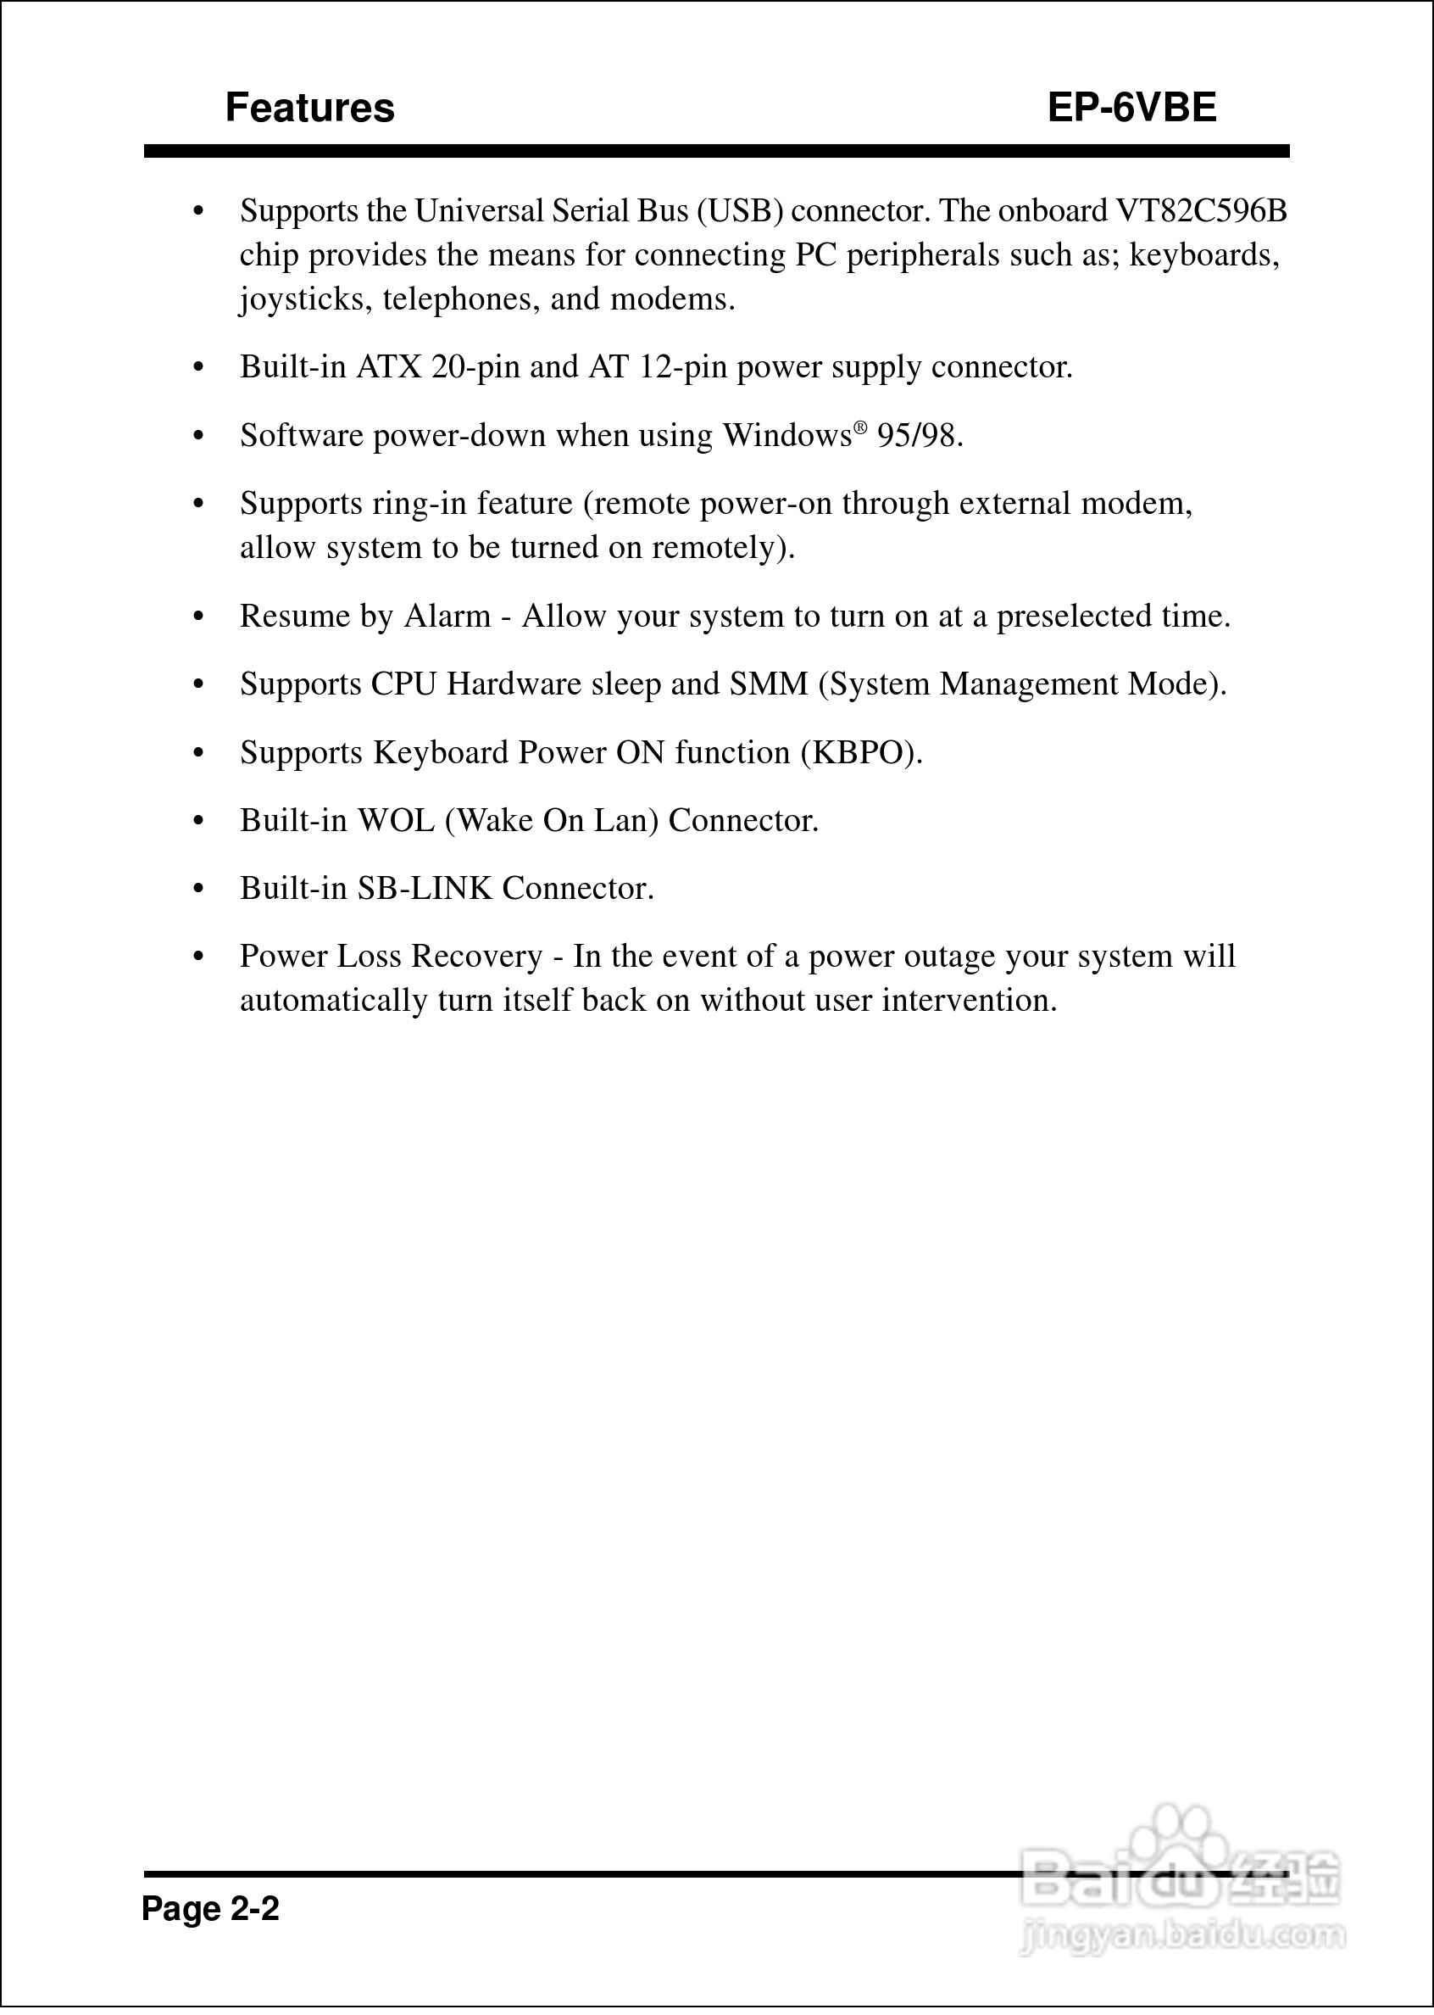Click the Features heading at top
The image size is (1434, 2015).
point(309,108)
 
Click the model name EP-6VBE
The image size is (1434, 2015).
point(1131,108)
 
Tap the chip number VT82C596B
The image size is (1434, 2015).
point(1202,211)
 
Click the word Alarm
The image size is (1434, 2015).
point(447,616)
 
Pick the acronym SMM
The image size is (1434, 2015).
point(768,684)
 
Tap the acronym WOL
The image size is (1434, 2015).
point(396,821)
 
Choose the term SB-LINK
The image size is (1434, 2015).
point(424,889)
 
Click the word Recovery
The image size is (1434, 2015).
point(477,957)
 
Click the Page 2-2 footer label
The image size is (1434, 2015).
point(210,1909)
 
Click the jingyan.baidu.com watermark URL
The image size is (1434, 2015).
point(1182,1935)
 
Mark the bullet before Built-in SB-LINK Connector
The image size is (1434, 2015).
point(198,889)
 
